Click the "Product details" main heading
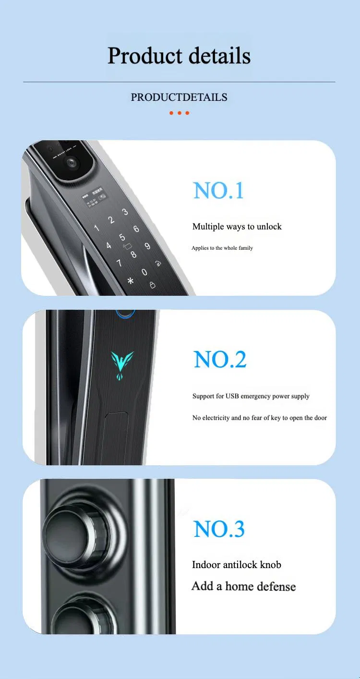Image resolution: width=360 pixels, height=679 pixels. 179,56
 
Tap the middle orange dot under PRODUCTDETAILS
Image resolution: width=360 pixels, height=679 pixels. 180,113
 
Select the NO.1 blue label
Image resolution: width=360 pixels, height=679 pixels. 218,191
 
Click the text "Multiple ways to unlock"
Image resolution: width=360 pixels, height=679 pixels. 237,227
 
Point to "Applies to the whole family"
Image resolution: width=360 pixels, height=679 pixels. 222,248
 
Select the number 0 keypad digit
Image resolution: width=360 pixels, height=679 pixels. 144,272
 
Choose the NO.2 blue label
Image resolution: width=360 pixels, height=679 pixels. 220,360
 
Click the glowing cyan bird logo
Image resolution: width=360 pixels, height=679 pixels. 122,361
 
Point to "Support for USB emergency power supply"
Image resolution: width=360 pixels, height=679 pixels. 251,396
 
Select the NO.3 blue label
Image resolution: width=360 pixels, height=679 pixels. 219,529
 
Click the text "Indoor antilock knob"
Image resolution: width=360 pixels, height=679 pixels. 236,565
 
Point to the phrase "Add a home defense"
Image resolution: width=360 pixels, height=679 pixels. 243,586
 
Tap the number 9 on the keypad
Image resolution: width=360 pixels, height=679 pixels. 147,246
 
